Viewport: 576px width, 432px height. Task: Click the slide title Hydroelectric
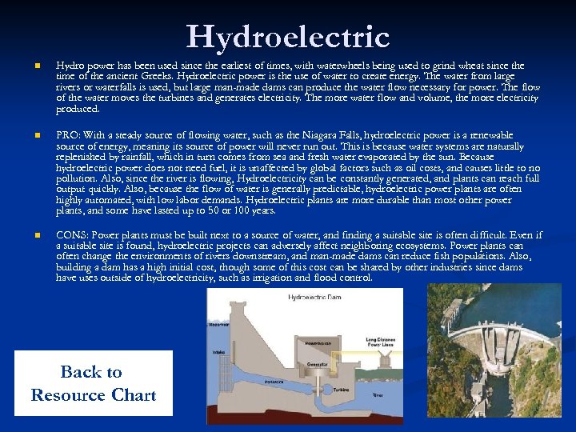coord(288,37)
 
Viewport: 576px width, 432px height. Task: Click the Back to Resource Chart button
coord(94,383)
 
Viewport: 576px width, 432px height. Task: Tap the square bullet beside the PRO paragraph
coord(26,136)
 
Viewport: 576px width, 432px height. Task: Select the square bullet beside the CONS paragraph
coord(26,236)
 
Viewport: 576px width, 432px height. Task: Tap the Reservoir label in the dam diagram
coord(220,325)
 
